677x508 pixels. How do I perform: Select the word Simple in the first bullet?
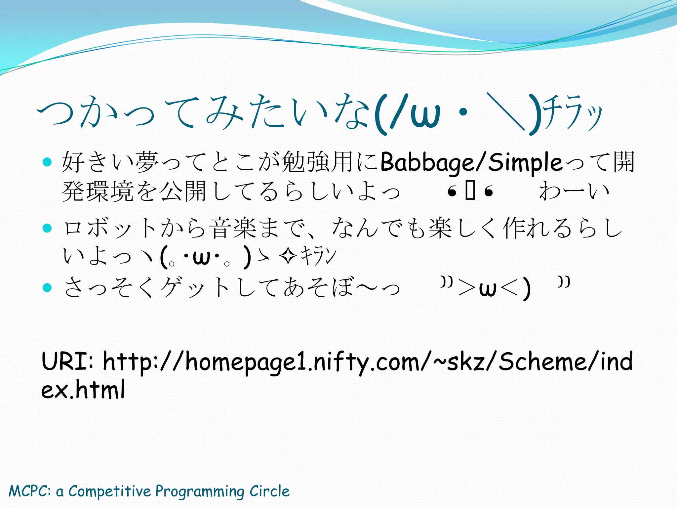pyautogui.click(x=525, y=163)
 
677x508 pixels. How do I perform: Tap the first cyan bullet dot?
pyautogui.click(x=48, y=162)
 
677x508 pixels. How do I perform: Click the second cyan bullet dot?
pyautogui.click(x=48, y=228)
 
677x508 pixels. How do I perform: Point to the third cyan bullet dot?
pyautogui.click(x=48, y=287)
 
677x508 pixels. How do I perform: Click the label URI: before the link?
pyautogui.click(x=68, y=361)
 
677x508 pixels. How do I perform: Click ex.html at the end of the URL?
pyautogui.click(x=83, y=390)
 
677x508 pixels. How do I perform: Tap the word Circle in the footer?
pyautogui.click(x=269, y=491)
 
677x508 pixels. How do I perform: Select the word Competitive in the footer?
pyautogui.click(x=109, y=491)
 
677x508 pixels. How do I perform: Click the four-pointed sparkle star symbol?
pyautogui.click(x=287, y=257)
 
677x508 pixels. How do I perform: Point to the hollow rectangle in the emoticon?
pyautogui.click(x=470, y=191)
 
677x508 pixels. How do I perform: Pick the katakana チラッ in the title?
pyautogui.click(x=573, y=114)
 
